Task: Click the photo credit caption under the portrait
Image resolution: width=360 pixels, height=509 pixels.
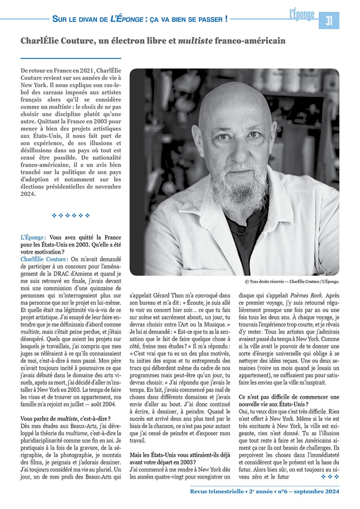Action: [x=292, y=281]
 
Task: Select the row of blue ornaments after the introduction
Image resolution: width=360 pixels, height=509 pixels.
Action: [x=71, y=215]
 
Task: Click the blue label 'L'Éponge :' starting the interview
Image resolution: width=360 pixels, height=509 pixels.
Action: [x=33, y=238]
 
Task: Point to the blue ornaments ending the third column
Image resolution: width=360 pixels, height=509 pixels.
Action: [x=330, y=476]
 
